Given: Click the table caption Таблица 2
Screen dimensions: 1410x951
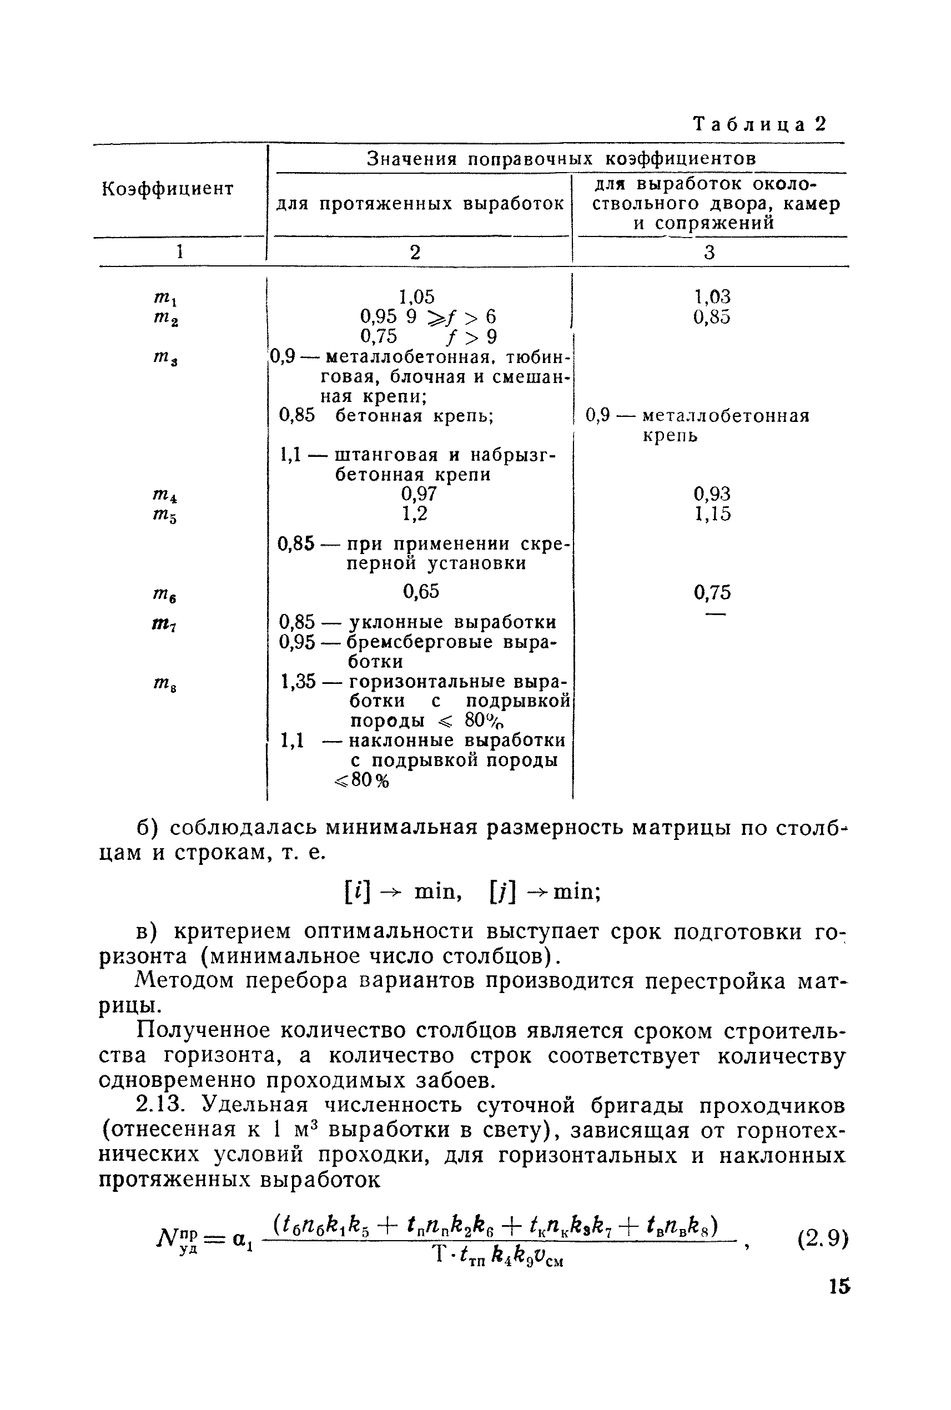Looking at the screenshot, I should pyautogui.click(x=759, y=124).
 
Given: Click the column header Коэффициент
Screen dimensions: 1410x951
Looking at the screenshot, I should pyautogui.click(x=168, y=189).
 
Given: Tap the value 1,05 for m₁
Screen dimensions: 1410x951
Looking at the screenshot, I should pyautogui.click(x=417, y=296).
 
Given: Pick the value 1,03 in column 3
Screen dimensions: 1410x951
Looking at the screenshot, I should pyautogui.click(x=712, y=296).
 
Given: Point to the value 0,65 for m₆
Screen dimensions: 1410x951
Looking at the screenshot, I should pyautogui.click(x=421, y=591).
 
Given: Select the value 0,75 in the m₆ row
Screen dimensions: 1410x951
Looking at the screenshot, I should pyautogui.click(x=712, y=592).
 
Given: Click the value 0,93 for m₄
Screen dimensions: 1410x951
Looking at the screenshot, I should pyautogui.click(x=712, y=493).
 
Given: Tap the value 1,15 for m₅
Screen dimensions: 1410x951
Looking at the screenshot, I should pyautogui.click(x=712, y=513).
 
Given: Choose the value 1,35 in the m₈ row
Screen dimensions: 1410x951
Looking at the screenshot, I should pyautogui.click(x=298, y=681).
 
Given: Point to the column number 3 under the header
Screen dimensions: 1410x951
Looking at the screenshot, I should pyautogui.click(x=710, y=252).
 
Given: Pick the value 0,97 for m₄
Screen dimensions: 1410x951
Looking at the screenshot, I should pyautogui.click(x=419, y=493).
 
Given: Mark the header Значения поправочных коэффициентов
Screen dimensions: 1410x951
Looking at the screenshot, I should pyautogui.click(x=562, y=159).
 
